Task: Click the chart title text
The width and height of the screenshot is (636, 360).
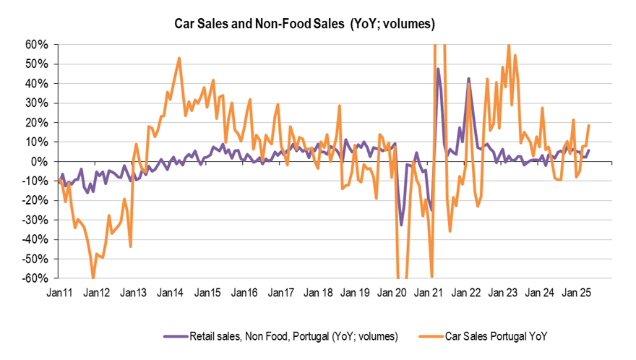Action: [304, 24]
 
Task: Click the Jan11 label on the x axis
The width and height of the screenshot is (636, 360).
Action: [59, 293]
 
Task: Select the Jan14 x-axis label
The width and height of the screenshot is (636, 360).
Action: [170, 293]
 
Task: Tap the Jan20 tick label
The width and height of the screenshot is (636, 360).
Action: [392, 293]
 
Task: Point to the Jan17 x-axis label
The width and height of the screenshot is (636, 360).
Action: [280, 293]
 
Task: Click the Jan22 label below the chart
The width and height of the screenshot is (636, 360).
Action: [465, 293]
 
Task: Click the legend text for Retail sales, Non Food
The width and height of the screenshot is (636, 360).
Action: [292, 336]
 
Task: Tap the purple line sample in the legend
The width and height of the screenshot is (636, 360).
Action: [176, 336]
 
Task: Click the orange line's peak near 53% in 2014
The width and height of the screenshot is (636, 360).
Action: [179, 58]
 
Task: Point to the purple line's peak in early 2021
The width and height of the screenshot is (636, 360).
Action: [438, 69]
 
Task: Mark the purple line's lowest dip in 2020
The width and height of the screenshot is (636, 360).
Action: [402, 225]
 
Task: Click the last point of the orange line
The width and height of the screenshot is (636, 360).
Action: [589, 125]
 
